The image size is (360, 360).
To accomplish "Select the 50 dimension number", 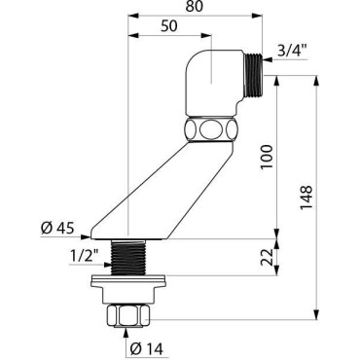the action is tap(169, 26).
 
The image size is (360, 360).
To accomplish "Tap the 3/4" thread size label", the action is tap(293, 51).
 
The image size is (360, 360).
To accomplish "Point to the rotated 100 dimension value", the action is tap(267, 157).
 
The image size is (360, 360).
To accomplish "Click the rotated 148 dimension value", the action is tap(306, 198).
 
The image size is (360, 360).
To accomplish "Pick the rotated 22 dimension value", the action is tap(267, 257).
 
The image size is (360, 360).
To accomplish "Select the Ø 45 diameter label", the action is tap(57, 229).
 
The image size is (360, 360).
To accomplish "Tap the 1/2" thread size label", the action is tap(85, 257).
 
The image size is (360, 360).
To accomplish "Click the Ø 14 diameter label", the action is tap(146, 349).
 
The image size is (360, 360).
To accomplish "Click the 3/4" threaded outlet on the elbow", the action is tap(253, 75).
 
